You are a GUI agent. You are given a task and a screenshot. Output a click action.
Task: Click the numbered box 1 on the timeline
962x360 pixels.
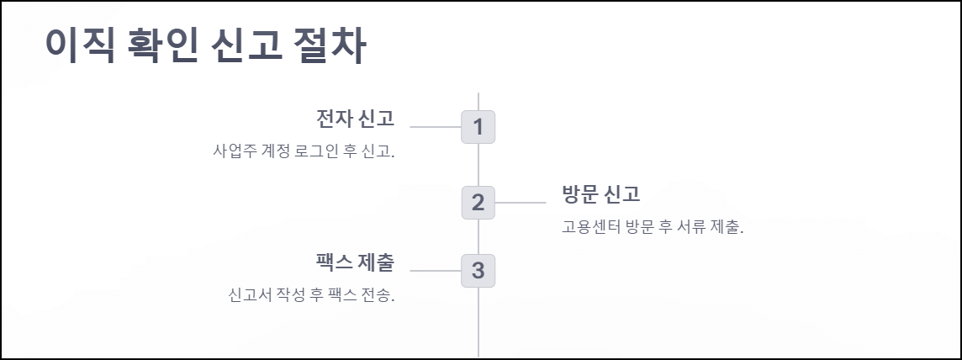pyautogui.click(x=478, y=127)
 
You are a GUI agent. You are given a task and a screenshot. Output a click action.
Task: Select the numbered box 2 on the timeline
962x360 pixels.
pyautogui.click(x=478, y=203)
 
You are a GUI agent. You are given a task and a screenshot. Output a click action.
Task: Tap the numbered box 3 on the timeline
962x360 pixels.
pyautogui.click(x=478, y=271)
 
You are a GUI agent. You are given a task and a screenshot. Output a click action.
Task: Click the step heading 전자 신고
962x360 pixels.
pyautogui.click(x=355, y=118)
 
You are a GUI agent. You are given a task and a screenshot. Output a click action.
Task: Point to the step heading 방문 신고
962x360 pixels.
pyautogui.click(x=601, y=194)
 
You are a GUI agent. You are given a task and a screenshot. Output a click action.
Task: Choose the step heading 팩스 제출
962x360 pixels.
pyautogui.click(x=355, y=262)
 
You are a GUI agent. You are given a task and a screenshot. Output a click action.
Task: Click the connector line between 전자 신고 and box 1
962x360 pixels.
pyautogui.click(x=435, y=127)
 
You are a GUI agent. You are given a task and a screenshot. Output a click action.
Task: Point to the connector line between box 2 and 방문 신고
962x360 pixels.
pyautogui.click(x=521, y=203)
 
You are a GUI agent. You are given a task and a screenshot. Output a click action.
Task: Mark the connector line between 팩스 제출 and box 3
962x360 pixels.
pyautogui.click(x=435, y=271)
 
